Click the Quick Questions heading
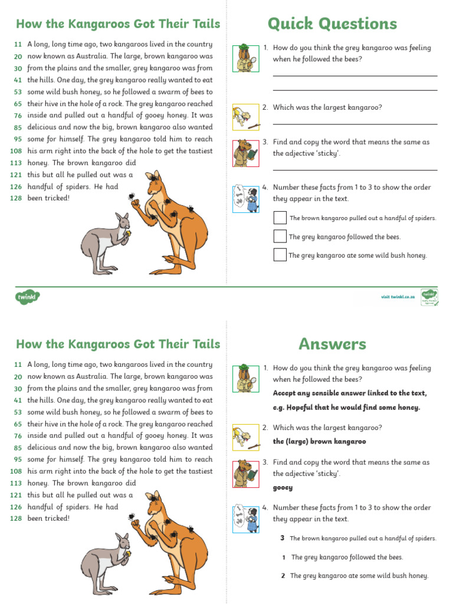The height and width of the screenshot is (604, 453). click(x=332, y=24)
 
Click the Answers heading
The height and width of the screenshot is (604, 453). click(x=332, y=344)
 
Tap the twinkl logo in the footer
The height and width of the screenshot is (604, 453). click(x=27, y=297)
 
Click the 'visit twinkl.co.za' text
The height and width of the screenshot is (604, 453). click(x=398, y=297)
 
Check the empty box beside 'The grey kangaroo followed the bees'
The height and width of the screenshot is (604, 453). click(x=280, y=237)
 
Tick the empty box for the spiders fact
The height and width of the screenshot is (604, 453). click(x=280, y=218)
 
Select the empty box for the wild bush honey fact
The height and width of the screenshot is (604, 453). click(x=280, y=255)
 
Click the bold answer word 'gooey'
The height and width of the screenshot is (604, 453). click(x=283, y=488)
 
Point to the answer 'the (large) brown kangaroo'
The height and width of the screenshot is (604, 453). click(x=319, y=441)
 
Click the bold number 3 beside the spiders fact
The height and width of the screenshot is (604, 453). click(x=283, y=538)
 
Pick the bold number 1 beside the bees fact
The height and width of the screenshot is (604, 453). click(x=284, y=557)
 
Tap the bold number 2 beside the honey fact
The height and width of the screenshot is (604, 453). click(x=283, y=576)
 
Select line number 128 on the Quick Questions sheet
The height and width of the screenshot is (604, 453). click(x=16, y=198)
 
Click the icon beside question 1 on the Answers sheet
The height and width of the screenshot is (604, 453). click(x=245, y=378)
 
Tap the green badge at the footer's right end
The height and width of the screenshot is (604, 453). click(x=429, y=296)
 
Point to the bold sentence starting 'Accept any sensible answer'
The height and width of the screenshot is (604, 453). click(x=350, y=393)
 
